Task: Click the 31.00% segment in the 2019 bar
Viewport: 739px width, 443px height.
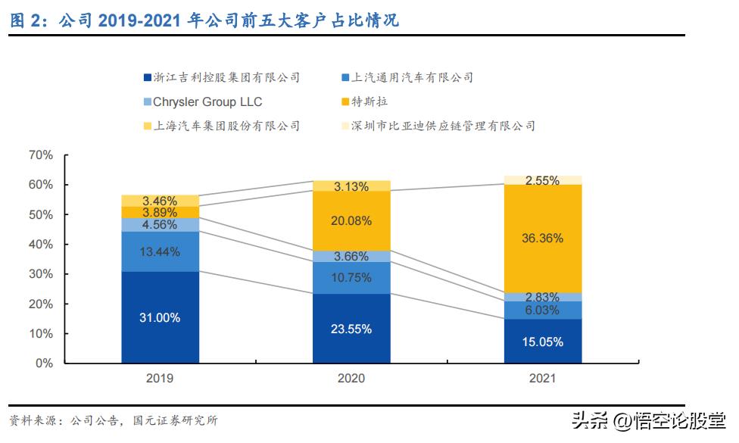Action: pos(159,318)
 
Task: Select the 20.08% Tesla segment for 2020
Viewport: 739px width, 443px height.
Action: pos(351,220)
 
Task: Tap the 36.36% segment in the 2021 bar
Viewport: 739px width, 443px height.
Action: pos(543,238)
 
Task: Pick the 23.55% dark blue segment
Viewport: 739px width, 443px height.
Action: pos(351,329)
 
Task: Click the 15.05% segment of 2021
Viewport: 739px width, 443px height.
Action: pos(543,342)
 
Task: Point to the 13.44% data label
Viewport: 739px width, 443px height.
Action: pos(159,251)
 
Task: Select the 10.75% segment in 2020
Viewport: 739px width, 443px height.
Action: pos(351,278)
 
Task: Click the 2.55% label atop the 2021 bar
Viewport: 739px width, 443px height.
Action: pos(543,180)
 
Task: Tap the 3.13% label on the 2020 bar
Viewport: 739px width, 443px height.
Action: pos(351,186)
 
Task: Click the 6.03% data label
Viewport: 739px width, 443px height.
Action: pos(543,310)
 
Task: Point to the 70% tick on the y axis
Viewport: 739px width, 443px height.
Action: pos(40,155)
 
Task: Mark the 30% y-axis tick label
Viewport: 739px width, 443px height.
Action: pos(40,274)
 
